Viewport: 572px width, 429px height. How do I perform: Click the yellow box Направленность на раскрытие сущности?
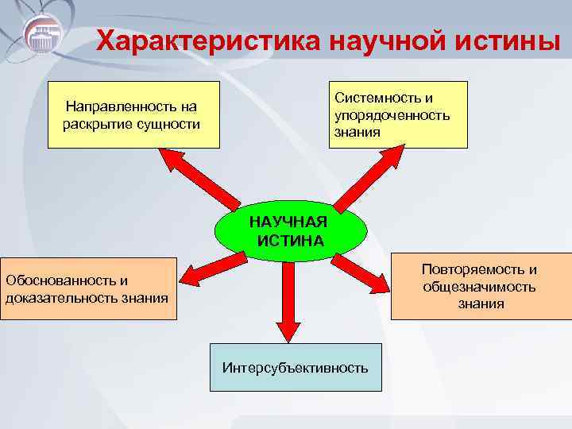[x=133, y=115]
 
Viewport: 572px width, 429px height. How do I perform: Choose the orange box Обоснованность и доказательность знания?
[x=87, y=289]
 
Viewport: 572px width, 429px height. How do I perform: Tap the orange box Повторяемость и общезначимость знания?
[x=480, y=287]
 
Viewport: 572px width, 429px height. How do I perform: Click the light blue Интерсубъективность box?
[x=295, y=367]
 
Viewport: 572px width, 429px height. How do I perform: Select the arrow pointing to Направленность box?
[x=199, y=178]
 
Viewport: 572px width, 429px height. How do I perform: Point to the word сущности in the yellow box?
[x=168, y=124]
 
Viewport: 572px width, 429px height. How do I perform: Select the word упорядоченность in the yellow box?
[x=392, y=114]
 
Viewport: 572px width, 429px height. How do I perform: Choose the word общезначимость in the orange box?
[x=479, y=287]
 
